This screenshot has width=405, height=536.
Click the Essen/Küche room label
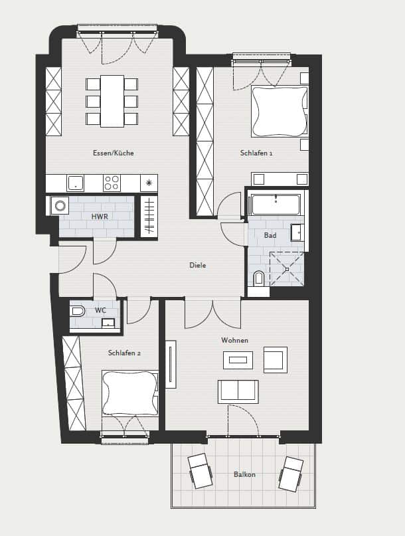(113, 153)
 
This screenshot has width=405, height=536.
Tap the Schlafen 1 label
(256, 153)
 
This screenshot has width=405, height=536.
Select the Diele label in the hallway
(198, 265)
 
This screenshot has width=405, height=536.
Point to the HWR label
(100, 217)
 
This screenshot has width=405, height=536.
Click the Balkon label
(244, 474)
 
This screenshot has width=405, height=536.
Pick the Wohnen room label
(234, 340)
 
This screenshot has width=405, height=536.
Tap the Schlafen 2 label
(124, 353)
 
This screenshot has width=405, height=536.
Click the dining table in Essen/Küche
(112, 101)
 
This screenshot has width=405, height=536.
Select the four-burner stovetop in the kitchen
(112, 183)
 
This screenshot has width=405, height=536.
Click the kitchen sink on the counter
(75, 183)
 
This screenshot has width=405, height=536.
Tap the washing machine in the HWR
(60, 206)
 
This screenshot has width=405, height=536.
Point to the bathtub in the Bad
(276, 205)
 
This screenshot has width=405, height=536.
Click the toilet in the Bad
(259, 278)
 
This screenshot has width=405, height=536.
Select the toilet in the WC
(78, 312)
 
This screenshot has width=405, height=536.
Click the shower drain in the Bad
(287, 270)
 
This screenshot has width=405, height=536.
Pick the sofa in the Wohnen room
(238, 391)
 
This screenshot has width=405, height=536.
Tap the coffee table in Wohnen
(238, 360)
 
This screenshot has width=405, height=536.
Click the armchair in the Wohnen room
(276, 360)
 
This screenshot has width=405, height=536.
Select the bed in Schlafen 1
(280, 112)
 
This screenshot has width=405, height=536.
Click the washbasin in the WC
(109, 323)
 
